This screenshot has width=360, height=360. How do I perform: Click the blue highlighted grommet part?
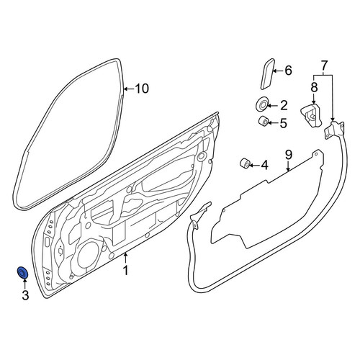point(23,273)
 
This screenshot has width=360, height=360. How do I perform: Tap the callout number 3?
point(25,295)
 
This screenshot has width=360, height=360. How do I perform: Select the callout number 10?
point(142,89)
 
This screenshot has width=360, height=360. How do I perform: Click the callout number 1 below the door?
point(125,270)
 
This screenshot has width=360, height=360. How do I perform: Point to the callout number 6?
point(288,71)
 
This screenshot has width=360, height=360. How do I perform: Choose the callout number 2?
point(284,105)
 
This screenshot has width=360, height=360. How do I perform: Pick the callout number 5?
point(283,123)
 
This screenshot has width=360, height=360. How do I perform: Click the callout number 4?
point(264,165)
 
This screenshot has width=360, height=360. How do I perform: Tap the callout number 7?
point(324,65)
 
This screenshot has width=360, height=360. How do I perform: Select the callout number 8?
point(314,87)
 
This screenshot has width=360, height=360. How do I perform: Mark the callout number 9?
point(289,155)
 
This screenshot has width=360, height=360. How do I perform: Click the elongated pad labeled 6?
point(267,74)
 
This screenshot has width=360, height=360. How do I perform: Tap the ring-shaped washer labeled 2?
point(261,104)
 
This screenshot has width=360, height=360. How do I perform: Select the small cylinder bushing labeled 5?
point(263,121)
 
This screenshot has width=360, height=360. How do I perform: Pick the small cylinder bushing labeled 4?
point(245,163)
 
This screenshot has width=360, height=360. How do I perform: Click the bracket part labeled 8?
point(311,115)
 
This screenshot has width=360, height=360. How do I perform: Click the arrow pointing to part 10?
point(129,89)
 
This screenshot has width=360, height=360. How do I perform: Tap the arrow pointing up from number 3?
point(24,284)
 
